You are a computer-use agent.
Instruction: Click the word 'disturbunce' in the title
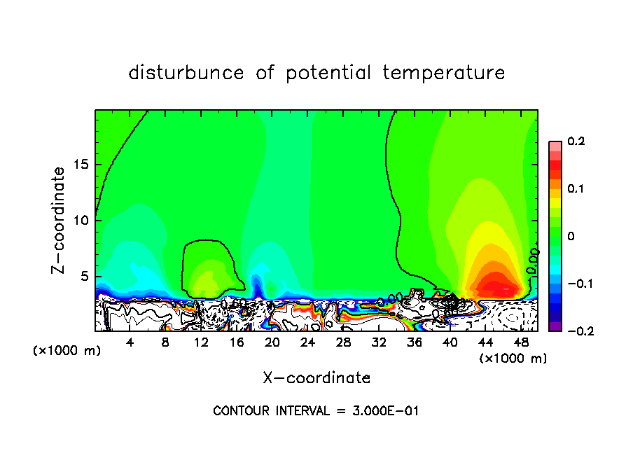click(186, 73)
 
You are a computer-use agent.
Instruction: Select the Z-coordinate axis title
click(60, 220)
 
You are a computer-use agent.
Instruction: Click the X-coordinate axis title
click(316, 378)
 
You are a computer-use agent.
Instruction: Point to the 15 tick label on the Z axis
click(82, 165)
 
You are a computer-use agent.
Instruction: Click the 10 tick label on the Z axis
click(82, 221)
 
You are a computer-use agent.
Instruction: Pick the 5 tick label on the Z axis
click(86, 276)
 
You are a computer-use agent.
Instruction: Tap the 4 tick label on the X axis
click(130, 343)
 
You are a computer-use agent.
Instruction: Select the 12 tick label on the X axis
click(201, 343)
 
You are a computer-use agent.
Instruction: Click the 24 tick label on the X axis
click(307, 343)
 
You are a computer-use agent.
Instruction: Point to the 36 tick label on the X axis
click(414, 343)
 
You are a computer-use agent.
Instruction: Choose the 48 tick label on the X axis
click(520, 343)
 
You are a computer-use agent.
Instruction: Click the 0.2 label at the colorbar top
click(576, 142)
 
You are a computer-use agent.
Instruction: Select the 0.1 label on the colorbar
click(576, 189)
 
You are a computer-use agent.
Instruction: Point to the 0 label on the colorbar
click(571, 237)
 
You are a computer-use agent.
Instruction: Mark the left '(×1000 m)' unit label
click(67, 351)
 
